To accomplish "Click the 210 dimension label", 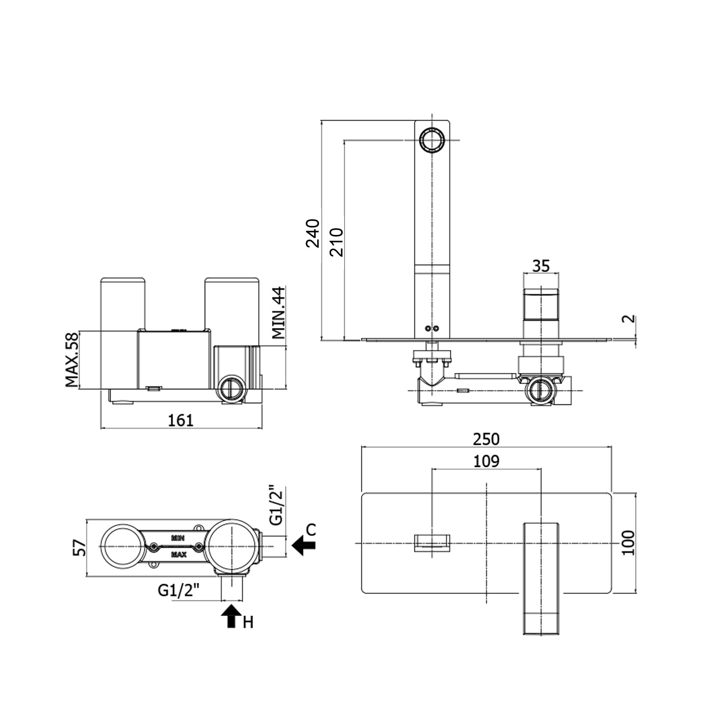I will click(336, 242).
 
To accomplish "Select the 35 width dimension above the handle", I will click(541, 265).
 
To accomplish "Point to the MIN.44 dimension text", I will click(279, 312).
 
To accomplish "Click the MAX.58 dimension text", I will click(72, 359).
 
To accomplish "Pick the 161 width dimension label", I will click(181, 420).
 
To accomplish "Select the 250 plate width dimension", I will click(486, 439).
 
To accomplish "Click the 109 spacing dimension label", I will click(486, 461).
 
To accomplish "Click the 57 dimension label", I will click(81, 548).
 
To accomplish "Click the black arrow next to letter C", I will click(303, 545).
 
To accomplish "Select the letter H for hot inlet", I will click(248, 622).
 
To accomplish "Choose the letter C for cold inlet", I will click(310, 530).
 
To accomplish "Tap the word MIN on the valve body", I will click(178, 538).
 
